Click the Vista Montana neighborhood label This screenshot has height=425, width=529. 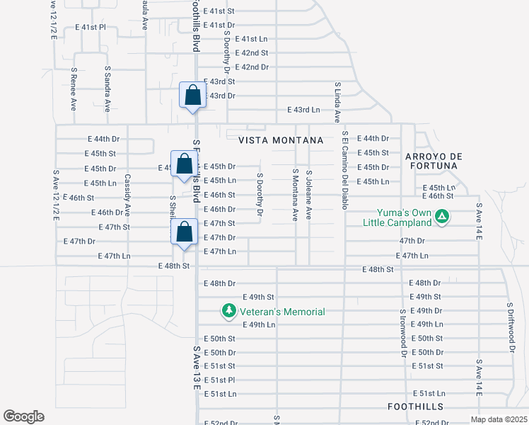(x=281, y=140)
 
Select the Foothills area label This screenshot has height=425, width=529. (x=415, y=407)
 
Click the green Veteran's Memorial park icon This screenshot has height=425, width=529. (x=228, y=310)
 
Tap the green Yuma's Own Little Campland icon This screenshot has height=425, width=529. (x=442, y=216)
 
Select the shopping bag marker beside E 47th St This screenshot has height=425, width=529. (x=184, y=232)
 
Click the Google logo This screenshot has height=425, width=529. (x=23, y=416)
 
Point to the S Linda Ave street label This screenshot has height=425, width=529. (x=337, y=103)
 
